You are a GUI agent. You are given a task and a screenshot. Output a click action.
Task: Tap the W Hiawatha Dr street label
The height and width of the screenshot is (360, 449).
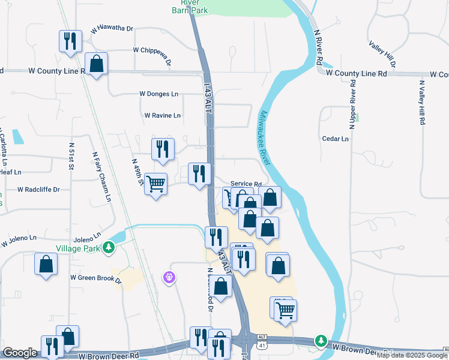(x=112, y=29)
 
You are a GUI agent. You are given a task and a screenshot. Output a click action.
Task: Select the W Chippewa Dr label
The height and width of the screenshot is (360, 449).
(x=152, y=52)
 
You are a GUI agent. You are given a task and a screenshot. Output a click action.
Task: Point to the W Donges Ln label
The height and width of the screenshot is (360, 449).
(x=158, y=94)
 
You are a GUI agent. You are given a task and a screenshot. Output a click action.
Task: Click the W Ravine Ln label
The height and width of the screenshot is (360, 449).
(x=162, y=115)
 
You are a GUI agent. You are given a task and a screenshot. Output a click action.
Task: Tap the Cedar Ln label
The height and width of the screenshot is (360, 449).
(x=335, y=139)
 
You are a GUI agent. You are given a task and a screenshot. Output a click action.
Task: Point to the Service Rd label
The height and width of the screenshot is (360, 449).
(x=246, y=185)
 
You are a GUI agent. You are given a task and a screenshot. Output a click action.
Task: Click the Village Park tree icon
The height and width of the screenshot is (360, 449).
(x=108, y=247)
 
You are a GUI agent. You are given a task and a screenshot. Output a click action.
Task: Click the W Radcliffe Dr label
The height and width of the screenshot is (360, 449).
(x=38, y=190)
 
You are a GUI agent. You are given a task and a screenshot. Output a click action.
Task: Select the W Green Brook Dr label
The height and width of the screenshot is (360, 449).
(x=96, y=278)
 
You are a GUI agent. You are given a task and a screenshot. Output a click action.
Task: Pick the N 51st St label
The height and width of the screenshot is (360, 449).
(x=71, y=156)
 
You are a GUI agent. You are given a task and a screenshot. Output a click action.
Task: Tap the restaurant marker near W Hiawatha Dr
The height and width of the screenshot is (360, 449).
(x=70, y=41)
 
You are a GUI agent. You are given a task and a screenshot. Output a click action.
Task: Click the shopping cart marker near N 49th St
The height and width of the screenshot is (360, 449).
(x=155, y=184)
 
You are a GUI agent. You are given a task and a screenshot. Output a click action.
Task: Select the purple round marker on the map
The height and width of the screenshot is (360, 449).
(x=169, y=277)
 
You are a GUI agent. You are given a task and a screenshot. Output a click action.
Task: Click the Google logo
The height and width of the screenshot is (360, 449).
(x=20, y=353)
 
